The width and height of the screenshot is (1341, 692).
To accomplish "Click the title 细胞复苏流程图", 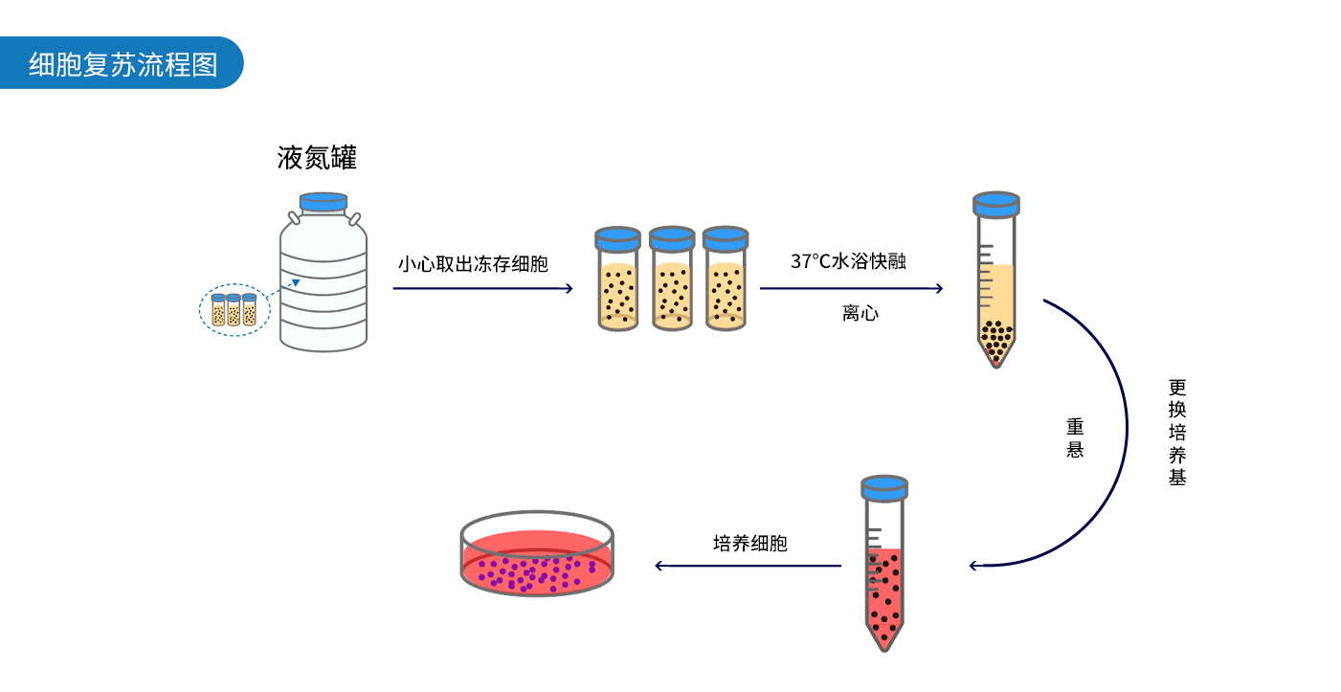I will tap(123, 64).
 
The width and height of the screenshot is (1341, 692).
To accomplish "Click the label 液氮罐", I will tap(317, 158).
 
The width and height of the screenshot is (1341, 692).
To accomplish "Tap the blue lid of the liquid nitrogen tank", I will tap(324, 202).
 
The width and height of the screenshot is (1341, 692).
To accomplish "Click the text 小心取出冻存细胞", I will tap(473, 264).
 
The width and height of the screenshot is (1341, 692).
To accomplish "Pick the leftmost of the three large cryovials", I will tap(618, 280).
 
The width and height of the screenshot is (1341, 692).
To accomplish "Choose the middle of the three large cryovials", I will tap(672, 280).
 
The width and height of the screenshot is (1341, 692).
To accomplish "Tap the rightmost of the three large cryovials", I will tap(726, 280).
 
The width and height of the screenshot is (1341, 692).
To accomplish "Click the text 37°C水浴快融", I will tap(848, 261).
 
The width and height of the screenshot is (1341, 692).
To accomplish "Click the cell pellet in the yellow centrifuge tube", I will tap(996, 339).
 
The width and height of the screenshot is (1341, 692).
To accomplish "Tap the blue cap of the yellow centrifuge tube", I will tap(996, 203).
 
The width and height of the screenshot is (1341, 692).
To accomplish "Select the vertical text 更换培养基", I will tap(1177, 432).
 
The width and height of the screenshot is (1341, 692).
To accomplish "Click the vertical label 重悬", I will tap(1075, 437).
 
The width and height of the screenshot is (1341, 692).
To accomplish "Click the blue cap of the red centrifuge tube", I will tap(883, 487).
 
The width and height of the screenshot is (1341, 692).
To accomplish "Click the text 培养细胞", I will tap(750, 544).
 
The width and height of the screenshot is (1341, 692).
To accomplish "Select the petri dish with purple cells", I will tap(538, 555).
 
